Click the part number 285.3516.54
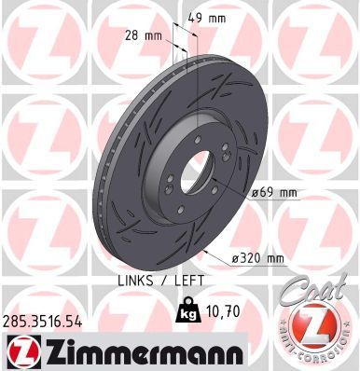click(44, 319)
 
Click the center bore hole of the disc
click(193, 173)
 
